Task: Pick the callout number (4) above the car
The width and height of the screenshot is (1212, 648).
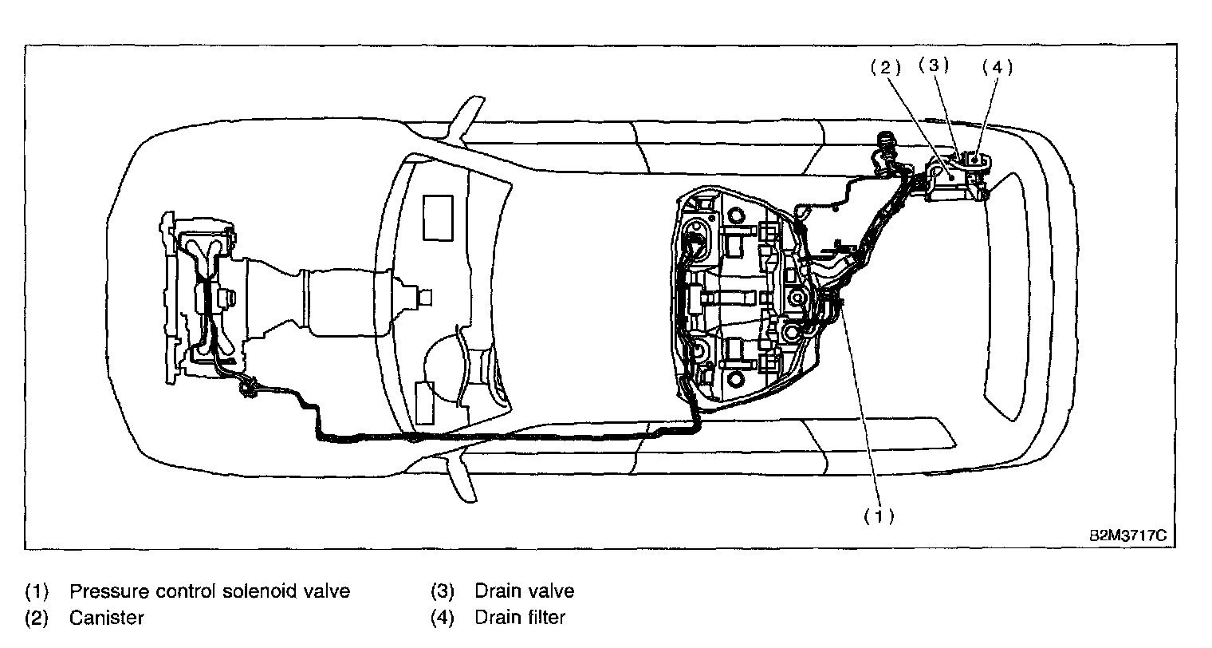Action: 996,68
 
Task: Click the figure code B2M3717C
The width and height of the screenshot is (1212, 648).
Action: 1127,535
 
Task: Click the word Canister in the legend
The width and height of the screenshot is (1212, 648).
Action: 106,617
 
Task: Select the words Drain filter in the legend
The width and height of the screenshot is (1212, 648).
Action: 520,617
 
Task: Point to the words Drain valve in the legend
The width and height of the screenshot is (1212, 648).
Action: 524,591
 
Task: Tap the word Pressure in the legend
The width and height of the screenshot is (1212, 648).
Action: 107,591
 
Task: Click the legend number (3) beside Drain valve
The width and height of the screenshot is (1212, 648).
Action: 443,591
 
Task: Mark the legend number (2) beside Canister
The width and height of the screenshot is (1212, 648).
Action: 37,617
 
